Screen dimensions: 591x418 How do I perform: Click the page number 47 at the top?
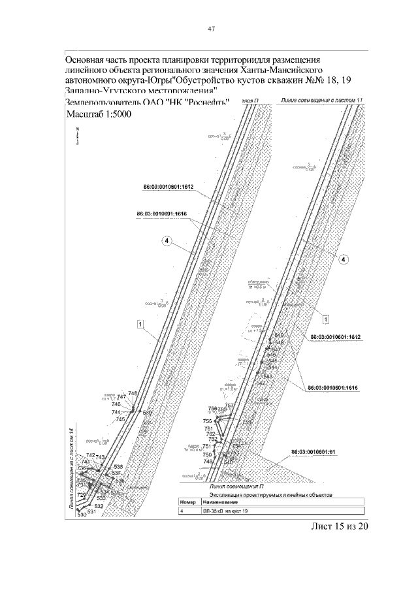(212, 29)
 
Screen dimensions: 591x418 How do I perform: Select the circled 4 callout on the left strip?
(167, 242)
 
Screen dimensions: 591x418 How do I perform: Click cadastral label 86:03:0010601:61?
(313, 451)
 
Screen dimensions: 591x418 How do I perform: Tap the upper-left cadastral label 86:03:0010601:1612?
(169, 187)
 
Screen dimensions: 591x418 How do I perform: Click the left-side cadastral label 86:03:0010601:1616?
(163, 213)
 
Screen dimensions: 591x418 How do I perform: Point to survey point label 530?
(82, 516)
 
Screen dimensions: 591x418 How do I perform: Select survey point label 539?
(147, 413)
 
